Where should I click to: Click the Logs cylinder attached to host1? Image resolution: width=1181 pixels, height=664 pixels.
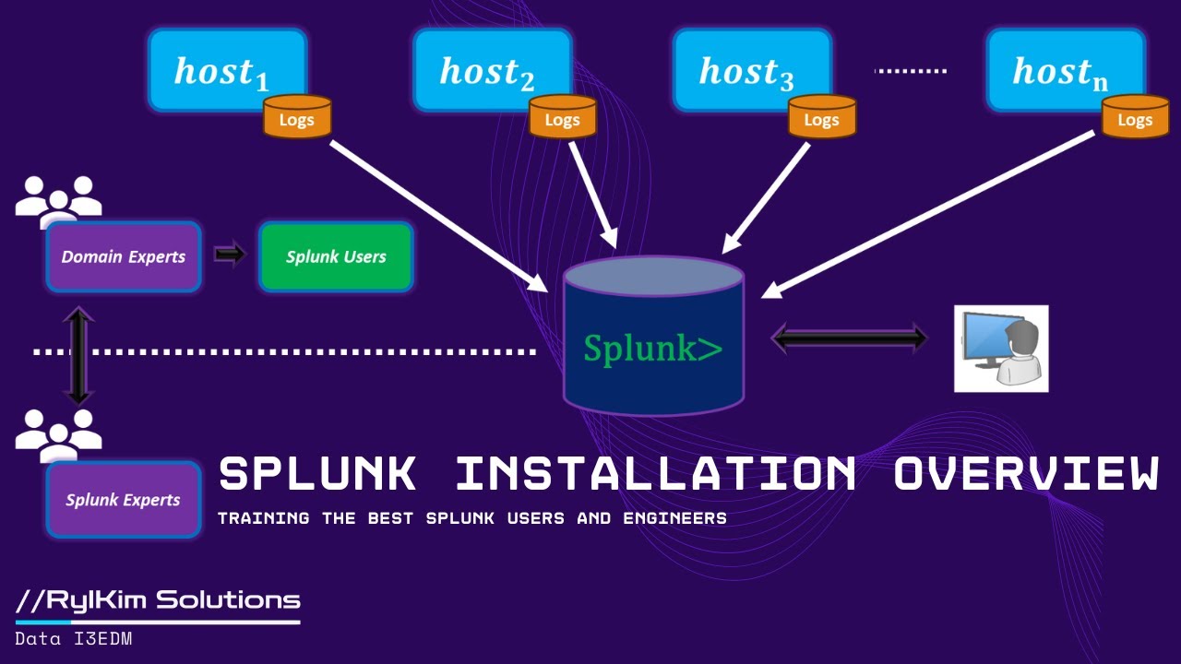click(x=297, y=118)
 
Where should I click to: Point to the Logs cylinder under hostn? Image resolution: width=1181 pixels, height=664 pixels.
click(x=1135, y=118)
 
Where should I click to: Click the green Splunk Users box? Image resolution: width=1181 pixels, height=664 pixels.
click(x=336, y=257)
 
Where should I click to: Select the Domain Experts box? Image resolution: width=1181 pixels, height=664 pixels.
click(x=124, y=257)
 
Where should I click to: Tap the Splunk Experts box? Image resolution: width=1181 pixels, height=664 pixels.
click(x=124, y=500)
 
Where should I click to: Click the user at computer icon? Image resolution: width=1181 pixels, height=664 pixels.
click(x=1001, y=348)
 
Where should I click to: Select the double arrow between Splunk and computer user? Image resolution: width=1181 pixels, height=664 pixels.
click(x=849, y=338)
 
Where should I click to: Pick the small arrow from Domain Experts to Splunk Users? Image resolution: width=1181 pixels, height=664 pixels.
click(x=230, y=254)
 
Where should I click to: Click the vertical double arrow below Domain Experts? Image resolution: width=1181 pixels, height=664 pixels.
click(x=78, y=355)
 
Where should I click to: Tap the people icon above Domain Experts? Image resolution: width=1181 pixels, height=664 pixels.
click(x=58, y=197)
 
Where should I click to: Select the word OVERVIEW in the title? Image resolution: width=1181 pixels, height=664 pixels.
click(x=1025, y=474)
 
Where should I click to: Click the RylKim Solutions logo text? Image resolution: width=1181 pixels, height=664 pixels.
click(x=158, y=600)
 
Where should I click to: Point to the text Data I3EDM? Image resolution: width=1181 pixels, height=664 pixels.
click(x=74, y=638)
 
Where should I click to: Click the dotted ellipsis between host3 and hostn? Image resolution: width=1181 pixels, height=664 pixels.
click(x=910, y=70)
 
